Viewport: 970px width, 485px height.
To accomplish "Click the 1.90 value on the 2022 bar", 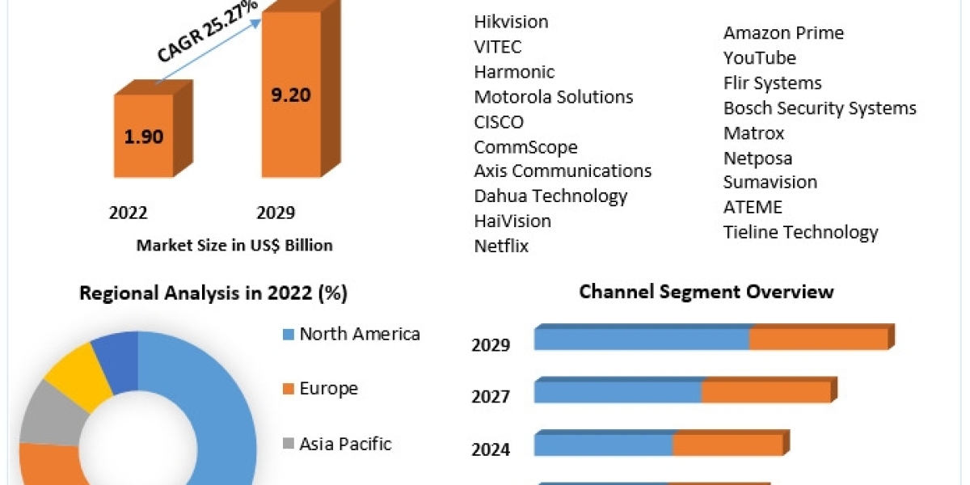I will pyautogui.click(x=144, y=136).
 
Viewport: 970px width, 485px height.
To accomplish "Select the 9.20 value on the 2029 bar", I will pyautogui.click(x=290, y=95).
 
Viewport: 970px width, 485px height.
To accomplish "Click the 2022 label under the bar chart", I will pyautogui.click(x=129, y=213).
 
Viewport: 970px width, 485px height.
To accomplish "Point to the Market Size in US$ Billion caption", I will pyautogui.click(x=234, y=245).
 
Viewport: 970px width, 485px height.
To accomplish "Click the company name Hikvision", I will pyautogui.click(x=511, y=22).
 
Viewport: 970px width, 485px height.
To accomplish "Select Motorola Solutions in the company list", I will pyautogui.click(x=554, y=97).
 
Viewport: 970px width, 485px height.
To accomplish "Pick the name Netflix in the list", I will pyautogui.click(x=501, y=246).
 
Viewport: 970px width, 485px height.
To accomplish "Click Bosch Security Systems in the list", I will pyautogui.click(x=820, y=108).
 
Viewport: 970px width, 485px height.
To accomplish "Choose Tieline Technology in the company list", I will pyautogui.click(x=800, y=232).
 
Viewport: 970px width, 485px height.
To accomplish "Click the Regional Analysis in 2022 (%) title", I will pyautogui.click(x=213, y=293).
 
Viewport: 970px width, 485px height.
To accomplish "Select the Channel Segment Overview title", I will pyautogui.click(x=706, y=291).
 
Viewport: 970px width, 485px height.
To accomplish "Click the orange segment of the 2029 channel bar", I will pyautogui.click(x=818, y=339).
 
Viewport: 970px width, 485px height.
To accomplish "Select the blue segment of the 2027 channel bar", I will pyautogui.click(x=618, y=391).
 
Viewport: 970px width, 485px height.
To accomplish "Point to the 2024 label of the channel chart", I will pyautogui.click(x=491, y=449).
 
